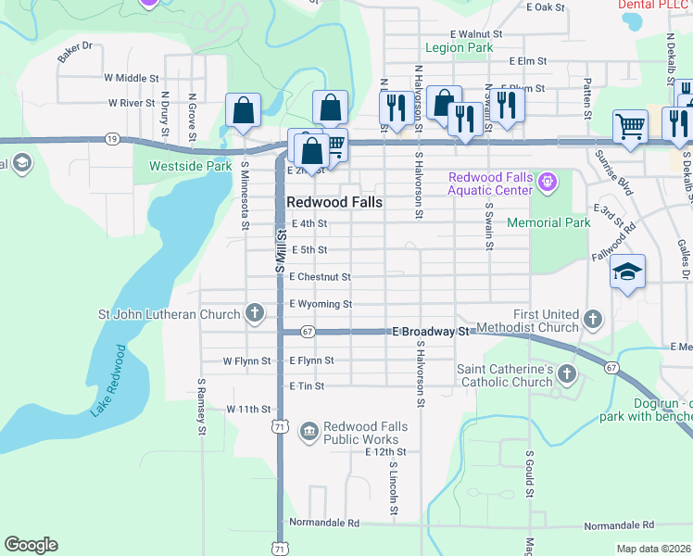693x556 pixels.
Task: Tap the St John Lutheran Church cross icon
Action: (x=255, y=313)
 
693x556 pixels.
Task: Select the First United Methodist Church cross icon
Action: (x=593, y=320)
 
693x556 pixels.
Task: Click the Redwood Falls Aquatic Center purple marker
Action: (x=548, y=183)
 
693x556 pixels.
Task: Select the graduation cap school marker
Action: (x=627, y=272)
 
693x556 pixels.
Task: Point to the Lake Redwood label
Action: (x=108, y=380)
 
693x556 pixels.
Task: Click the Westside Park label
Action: (x=190, y=167)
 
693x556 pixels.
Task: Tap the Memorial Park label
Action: (x=548, y=222)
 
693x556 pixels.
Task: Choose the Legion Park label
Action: (x=459, y=47)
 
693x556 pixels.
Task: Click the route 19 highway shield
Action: (x=112, y=138)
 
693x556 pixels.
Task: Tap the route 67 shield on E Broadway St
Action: (x=309, y=331)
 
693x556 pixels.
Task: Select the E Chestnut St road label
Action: (x=320, y=276)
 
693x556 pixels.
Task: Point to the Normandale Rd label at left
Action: (x=323, y=523)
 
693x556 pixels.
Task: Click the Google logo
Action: (x=31, y=545)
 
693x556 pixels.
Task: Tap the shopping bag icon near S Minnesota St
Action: (x=242, y=111)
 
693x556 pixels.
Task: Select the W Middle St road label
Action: (x=132, y=79)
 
